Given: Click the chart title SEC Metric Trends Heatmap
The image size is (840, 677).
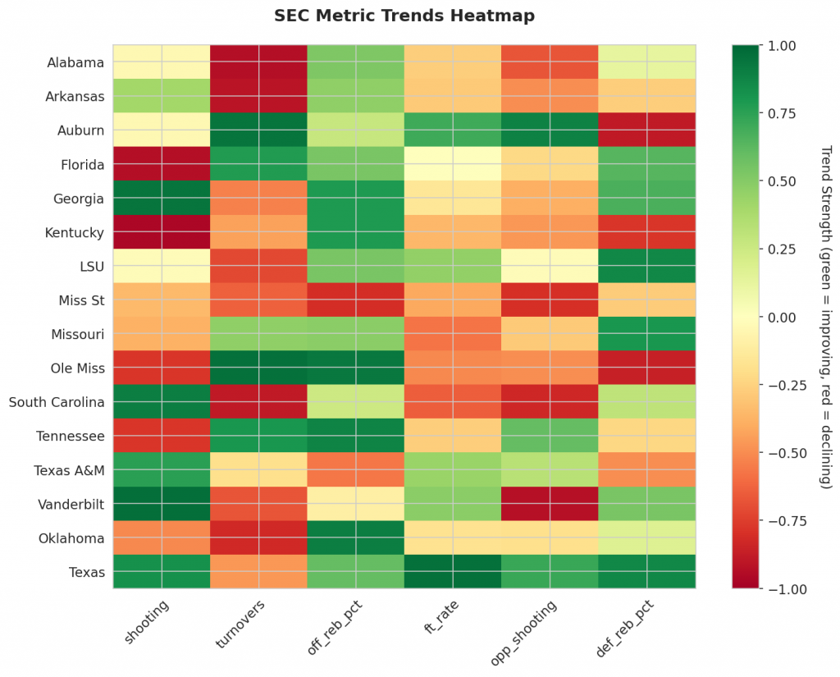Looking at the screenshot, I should [x=404, y=16].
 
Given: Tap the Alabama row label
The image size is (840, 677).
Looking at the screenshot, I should [x=75, y=62].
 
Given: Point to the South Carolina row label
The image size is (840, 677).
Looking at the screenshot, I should [x=57, y=403].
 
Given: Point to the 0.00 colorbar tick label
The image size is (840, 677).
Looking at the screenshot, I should [x=779, y=317].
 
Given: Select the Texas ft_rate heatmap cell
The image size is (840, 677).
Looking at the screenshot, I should [x=453, y=572].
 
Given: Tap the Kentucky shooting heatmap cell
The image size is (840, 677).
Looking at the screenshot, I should [x=162, y=232].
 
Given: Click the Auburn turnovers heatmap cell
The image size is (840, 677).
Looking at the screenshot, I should [x=259, y=130].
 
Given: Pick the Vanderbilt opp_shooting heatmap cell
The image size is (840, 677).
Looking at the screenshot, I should [x=550, y=505].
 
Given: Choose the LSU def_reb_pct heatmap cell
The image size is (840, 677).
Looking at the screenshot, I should [x=647, y=267].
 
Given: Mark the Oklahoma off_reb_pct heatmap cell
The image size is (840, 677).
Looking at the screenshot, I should [x=356, y=538].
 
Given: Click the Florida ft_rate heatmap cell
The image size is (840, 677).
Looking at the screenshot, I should [x=453, y=164].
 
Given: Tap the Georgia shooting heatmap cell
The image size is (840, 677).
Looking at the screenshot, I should [x=162, y=199].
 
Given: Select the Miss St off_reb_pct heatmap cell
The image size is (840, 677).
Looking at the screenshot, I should [x=356, y=300].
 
